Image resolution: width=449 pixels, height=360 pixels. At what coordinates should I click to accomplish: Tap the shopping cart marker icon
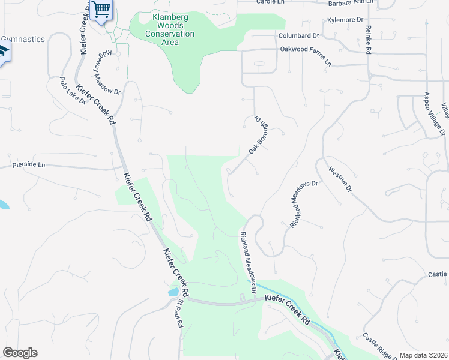click(x=102, y=10)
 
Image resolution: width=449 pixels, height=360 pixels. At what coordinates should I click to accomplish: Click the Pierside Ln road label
click(x=29, y=164)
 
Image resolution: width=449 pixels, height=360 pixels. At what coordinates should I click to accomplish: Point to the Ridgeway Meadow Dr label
click(x=106, y=70)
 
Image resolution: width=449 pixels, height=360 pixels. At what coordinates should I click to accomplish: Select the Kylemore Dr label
click(x=346, y=20)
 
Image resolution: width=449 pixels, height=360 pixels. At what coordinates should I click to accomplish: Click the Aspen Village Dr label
click(x=435, y=113)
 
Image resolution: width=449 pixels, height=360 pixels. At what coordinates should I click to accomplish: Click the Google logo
click(x=20, y=353)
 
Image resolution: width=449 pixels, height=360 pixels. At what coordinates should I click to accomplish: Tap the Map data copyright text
click(x=423, y=355)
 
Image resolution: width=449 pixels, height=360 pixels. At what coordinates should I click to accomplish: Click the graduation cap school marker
click(x=4, y=52)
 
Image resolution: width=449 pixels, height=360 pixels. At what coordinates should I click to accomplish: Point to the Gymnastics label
click(x=22, y=39)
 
